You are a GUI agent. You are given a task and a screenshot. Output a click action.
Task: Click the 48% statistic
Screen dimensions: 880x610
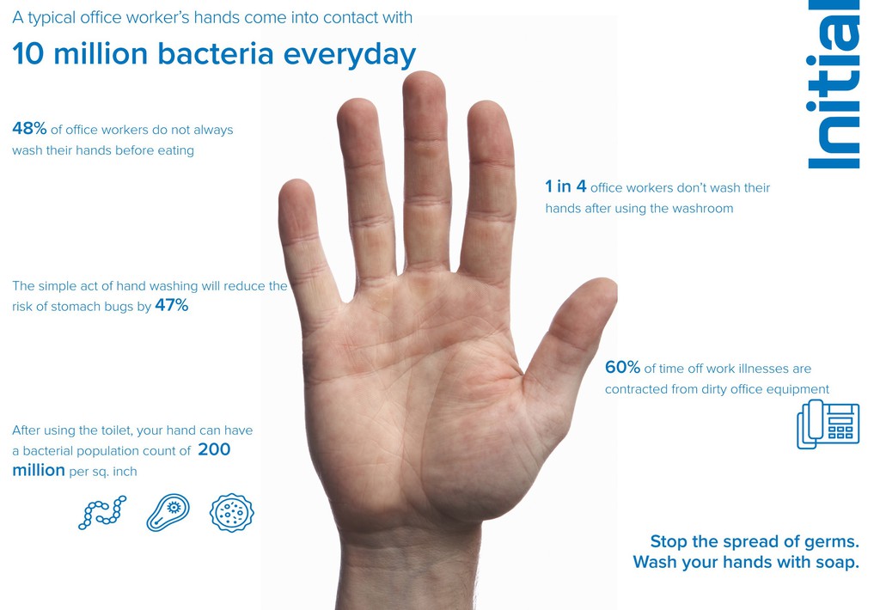[29, 129]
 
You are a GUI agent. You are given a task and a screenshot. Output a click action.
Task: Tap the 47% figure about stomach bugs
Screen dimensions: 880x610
[172, 305]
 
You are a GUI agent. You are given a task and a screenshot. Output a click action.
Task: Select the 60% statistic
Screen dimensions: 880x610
[622, 367]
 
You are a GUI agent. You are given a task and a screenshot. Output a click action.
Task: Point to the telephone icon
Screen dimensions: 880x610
[828, 424]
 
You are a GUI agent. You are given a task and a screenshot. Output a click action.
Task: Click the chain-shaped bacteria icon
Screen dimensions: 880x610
[102, 512]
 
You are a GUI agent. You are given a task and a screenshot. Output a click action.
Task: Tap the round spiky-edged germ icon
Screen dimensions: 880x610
[232, 512]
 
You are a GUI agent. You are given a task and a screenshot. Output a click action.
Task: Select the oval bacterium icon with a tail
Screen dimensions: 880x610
[168, 512]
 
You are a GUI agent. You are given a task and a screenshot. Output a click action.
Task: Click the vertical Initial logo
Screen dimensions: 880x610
[834, 84]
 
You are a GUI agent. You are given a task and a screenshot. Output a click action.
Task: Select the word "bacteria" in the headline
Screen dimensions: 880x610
[216, 54]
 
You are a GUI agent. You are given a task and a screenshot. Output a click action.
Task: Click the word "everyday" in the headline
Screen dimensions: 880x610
[350, 55]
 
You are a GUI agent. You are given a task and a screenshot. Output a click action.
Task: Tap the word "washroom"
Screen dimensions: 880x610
[702, 208]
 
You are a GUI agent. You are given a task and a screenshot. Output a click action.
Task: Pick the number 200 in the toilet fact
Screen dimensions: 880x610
[214, 449]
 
